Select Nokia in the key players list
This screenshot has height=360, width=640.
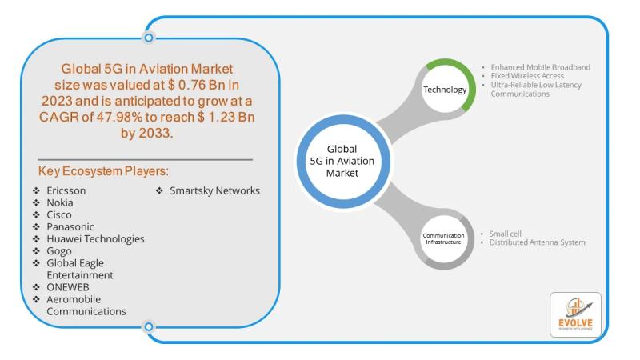tap(61, 203)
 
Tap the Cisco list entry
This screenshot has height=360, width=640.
tap(59, 215)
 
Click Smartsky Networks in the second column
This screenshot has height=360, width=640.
tap(214, 191)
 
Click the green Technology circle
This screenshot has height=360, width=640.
tap(444, 90)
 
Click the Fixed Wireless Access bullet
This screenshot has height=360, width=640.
tap(529, 76)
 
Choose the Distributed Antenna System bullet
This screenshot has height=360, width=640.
tap(537, 242)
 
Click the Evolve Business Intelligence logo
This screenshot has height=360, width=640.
tap(575, 315)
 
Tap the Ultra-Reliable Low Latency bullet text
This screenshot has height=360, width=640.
tap(537, 85)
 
